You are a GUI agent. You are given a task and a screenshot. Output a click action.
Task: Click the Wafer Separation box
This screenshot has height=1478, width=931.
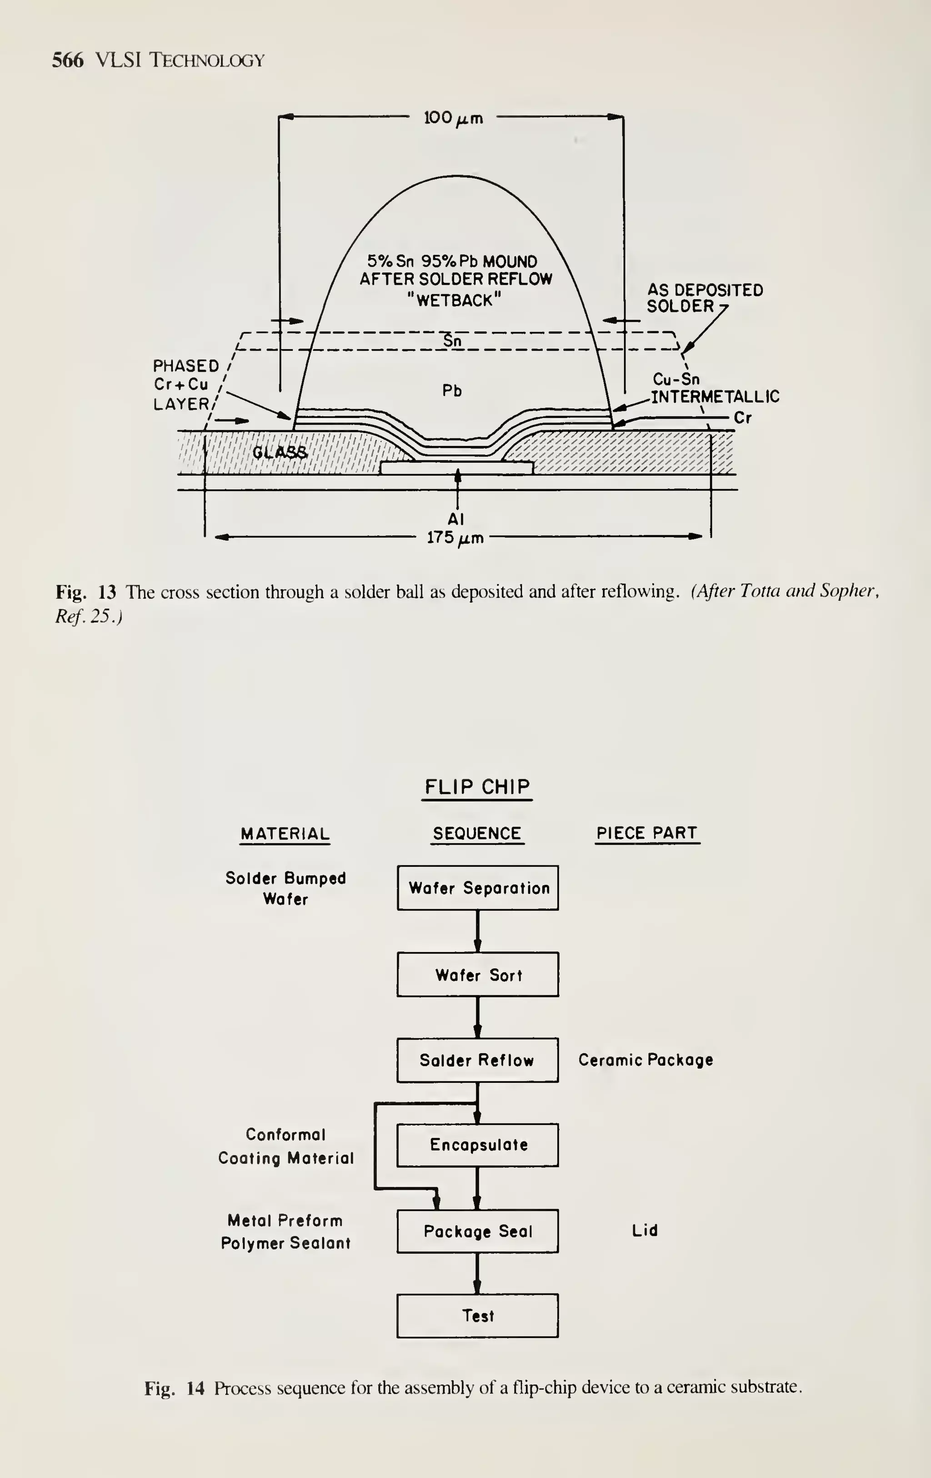tap(477, 888)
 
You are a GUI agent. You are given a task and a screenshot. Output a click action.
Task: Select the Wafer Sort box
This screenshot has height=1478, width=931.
tap(477, 975)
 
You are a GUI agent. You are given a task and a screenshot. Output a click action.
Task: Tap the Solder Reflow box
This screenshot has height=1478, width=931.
tap(477, 1060)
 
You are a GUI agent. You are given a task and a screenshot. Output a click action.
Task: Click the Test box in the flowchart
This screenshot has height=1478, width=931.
tap(477, 1315)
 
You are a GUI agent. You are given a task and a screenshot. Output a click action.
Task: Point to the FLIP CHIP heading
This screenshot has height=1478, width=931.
tap(477, 787)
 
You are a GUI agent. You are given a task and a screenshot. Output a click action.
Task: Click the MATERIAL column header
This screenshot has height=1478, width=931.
tap(285, 833)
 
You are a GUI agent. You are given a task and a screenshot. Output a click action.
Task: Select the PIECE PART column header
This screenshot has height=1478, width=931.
tap(647, 833)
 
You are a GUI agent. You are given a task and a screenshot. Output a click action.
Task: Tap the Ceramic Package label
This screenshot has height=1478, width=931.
tap(646, 1060)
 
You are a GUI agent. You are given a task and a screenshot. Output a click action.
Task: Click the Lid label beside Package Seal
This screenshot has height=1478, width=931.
tap(645, 1230)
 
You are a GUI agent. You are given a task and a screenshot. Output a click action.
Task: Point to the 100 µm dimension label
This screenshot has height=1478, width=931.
tap(453, 118)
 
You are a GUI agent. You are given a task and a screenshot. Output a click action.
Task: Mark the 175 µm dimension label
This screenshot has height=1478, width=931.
tap(455, 538)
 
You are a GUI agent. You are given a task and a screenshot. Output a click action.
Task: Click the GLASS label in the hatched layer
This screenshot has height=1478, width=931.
tap(280, 452)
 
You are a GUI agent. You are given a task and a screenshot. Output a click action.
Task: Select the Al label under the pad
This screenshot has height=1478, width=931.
tap(455, 519)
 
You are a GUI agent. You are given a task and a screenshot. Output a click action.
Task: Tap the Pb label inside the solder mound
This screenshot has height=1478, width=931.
tap(452, 390)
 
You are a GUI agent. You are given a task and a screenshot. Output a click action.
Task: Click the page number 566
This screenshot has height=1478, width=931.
tap(68, 60)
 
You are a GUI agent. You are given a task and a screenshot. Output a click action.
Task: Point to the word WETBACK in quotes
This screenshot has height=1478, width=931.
tap(455, 300)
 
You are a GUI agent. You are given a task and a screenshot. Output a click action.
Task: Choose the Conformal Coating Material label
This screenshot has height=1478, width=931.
tap(285, 1146)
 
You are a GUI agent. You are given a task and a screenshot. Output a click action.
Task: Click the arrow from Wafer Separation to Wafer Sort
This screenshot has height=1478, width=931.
tap(478, 931)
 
